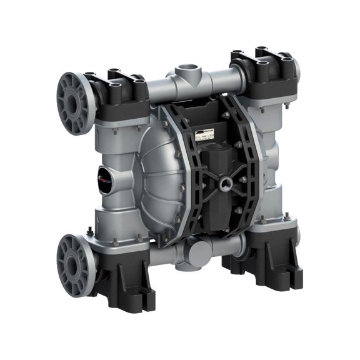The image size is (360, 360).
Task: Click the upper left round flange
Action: click(x=74, y=103)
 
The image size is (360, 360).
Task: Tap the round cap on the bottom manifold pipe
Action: click(x=201, y=254)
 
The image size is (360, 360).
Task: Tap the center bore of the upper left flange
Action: click(x=71, y=104)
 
